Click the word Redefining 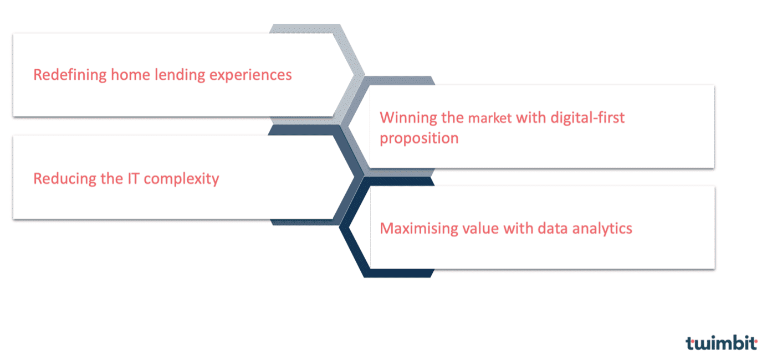70,75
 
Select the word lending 180,75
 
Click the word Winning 408,119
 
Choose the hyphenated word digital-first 587,118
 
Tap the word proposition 419,139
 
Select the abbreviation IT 134,179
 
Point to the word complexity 181,179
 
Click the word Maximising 419,229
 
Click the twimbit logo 722,342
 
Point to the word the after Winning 452,118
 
